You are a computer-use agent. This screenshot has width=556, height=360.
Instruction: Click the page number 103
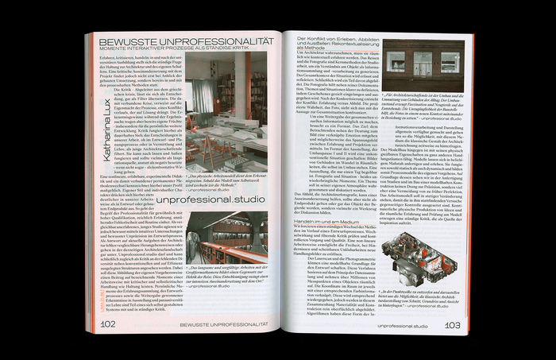pyautogui.click(x=452, y=324)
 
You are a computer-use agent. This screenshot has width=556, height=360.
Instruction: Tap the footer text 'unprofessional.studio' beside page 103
pyautogui.click(x=403, y=325)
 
